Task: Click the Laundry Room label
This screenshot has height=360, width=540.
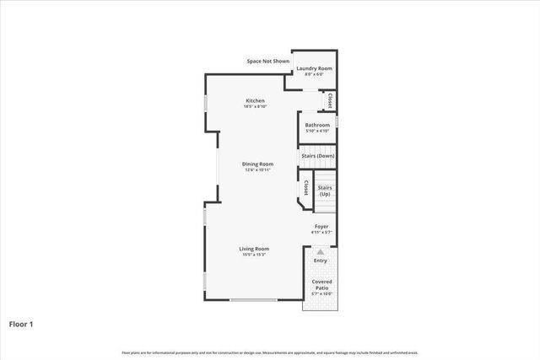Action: (314, 67)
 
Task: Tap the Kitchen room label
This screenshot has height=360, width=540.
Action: (254, 100)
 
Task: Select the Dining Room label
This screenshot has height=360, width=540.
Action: (257, 164)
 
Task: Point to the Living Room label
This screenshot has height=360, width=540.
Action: (253, 248)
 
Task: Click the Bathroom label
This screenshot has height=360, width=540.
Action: (317, 126)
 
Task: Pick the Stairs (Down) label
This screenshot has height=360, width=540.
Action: (317, 156)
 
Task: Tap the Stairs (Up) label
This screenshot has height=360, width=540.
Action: (325, 191)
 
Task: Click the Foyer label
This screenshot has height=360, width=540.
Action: (321, 226)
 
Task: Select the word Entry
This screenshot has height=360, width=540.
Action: (320, 261)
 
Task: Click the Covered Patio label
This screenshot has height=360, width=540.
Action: (321, 284)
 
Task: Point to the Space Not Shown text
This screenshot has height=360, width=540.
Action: (267, 61)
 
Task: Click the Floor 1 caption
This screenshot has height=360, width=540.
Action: (21, 323)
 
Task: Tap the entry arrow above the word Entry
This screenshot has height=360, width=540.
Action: (320, 251)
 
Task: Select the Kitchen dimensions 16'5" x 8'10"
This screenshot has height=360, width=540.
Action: (254, 107)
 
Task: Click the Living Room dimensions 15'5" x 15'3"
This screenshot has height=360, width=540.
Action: (253, 255)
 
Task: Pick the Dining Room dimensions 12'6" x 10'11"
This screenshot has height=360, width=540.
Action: (257, 170)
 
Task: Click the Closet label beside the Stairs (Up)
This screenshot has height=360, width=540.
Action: (305, 187)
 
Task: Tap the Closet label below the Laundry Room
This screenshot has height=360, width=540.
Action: (329, 100)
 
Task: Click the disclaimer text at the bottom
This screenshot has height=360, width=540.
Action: (269, 352)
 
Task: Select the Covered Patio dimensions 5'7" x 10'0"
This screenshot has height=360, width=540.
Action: (321, 294)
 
